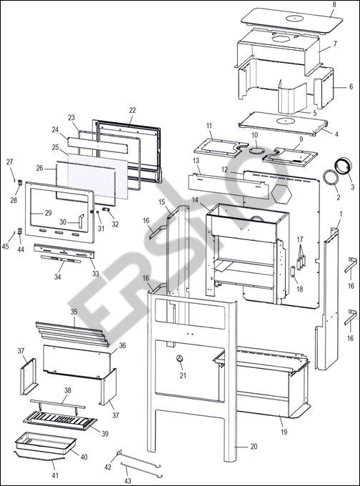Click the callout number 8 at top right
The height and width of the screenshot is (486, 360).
(334, 5)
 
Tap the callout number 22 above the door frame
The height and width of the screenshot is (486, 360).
(133, 110)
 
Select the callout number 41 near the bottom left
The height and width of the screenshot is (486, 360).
(55, 475)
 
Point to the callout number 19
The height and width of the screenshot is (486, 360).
(284, 432)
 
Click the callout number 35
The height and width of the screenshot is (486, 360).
(74, 312)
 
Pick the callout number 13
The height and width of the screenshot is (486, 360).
(196, 161)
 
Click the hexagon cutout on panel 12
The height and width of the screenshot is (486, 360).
(281, 194)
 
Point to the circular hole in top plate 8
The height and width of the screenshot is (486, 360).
(292, 18)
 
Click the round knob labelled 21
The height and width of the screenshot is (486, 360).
(180, 359)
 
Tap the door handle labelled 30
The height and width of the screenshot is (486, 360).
(81, 221)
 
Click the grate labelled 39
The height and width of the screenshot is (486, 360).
(61, 420)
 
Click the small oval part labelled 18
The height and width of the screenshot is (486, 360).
(293, 271)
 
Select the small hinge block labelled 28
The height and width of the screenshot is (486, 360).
(20, 182)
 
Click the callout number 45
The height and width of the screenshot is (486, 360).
(5, 247)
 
